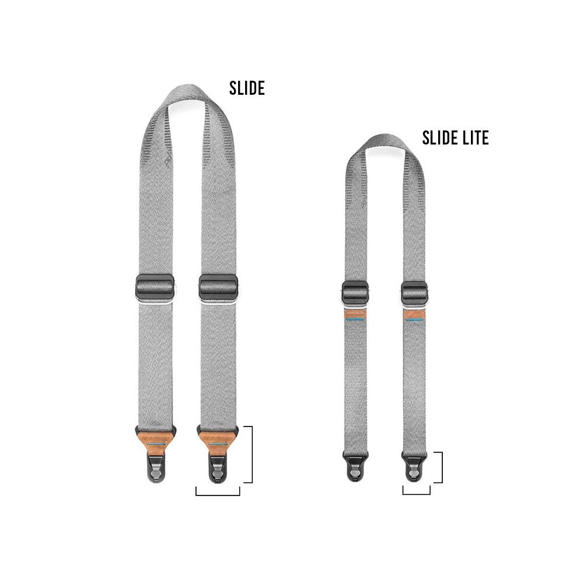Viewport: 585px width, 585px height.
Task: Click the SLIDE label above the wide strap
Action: pyautogui.click(x=247, y=88)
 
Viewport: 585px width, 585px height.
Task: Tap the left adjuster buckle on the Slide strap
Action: pyautogui.click(x=155, y=287)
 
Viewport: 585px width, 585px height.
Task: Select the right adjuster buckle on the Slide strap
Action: pyautogui.click(x=218, y=287)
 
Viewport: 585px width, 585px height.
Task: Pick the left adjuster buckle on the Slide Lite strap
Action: pyautogui.click(x=355, y=292)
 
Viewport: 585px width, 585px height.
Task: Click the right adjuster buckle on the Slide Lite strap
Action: pyautogui.click(x=414, y=292)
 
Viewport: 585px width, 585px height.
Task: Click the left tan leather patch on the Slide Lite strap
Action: pyautogui.click(x=355, y=316)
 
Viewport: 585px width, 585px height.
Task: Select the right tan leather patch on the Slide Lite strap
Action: pyautogui.click(x=414, y=316)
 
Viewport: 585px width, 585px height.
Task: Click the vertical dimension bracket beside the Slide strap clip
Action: pyautogui.click(x=252, y=455)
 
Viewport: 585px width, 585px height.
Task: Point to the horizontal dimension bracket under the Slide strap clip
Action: pyautogui.click(x=218, y=495)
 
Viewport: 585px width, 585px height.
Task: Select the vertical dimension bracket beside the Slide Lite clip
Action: pyautogui.click(x=442, y=467)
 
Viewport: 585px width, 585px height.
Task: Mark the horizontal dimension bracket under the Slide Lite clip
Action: pyautogui.click(x=417, y=494)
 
